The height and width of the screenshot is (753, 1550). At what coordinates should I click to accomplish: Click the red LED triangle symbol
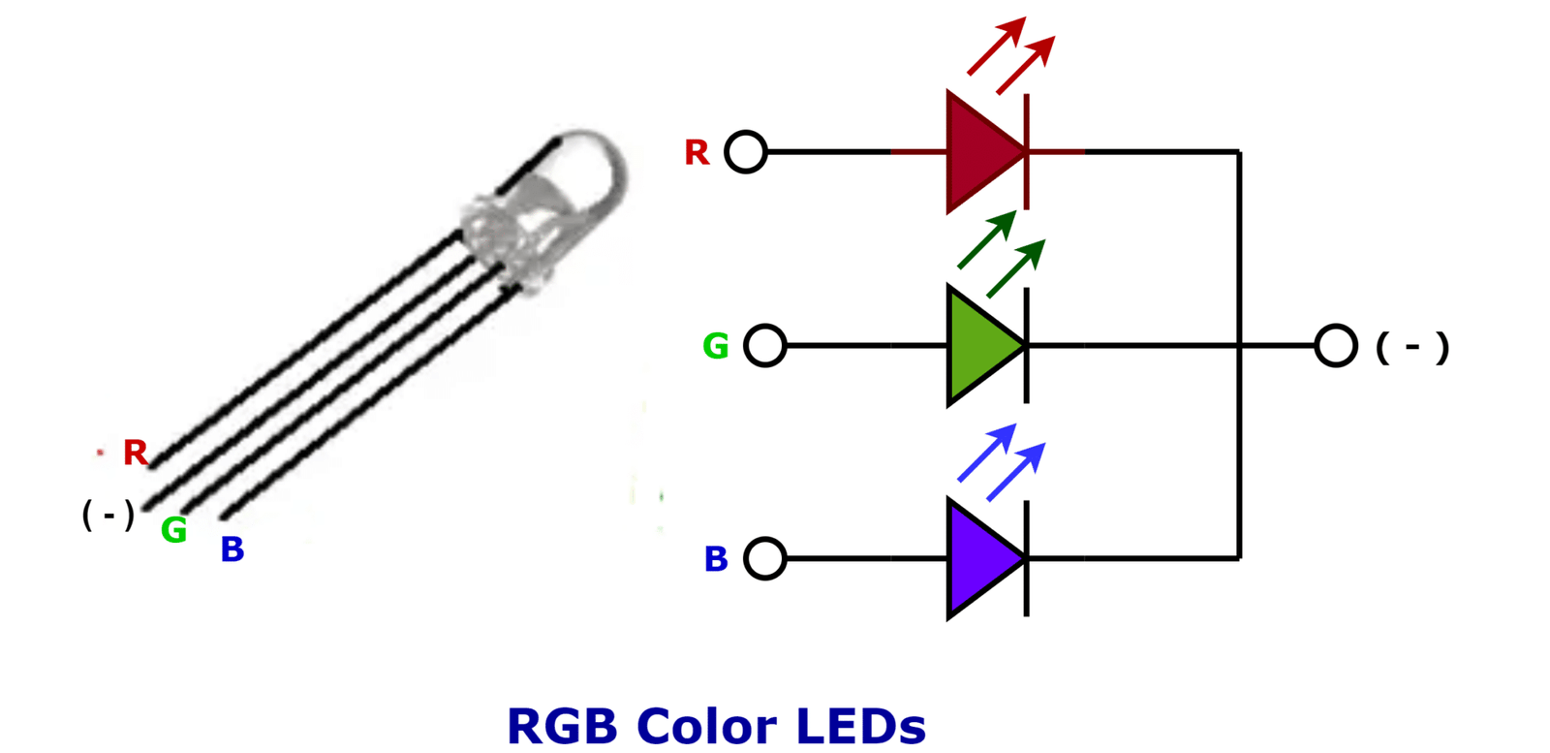(978, 151)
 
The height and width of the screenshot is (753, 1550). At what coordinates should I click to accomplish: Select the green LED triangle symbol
(978, 345)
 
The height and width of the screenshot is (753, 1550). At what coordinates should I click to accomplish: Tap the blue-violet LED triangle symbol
(978, 558)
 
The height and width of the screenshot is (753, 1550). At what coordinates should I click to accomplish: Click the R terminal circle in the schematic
(746, 152)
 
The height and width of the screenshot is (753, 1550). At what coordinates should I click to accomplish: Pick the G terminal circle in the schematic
(765, 345)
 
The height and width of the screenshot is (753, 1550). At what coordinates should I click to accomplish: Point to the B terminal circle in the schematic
(765, 558)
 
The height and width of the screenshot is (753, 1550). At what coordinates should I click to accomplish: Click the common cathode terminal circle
(1336, 345)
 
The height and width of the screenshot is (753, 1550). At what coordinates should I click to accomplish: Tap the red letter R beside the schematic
(697, 153)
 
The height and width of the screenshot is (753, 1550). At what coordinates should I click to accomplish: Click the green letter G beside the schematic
(715, 346)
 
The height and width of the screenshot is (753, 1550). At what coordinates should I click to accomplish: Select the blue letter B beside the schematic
(716, 559)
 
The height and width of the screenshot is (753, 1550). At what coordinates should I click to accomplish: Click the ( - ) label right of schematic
(1412, 347)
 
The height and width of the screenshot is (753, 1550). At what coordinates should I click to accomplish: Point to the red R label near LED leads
(135, 453)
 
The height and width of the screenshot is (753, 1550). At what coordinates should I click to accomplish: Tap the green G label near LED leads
(173, 530)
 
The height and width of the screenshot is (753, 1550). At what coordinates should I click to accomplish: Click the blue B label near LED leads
(232, 549)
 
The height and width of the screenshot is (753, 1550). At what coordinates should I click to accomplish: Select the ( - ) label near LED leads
(108, 515)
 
